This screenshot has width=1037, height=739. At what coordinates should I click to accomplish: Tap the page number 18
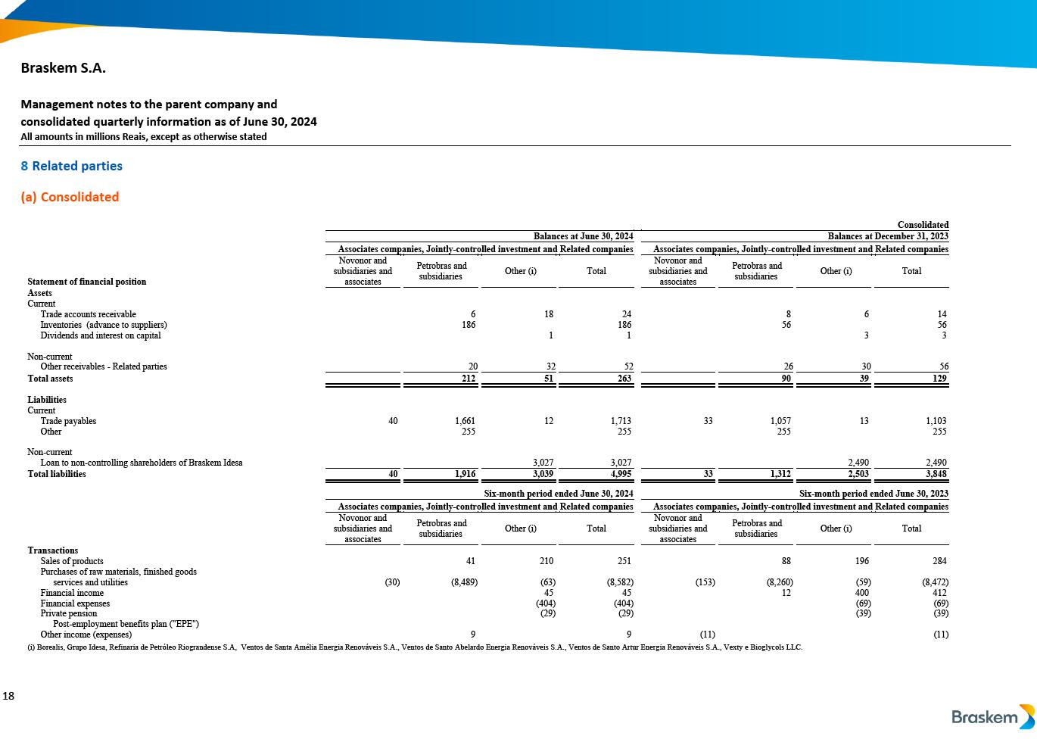pyautogui.click(x=8, y=696)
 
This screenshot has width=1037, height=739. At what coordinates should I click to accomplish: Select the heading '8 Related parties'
pyautogui.click(x=71, y=166)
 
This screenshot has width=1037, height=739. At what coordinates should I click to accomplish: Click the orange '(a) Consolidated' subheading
pyautogui.click(x=70, y=197)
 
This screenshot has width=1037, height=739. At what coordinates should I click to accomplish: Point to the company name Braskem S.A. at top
pyautogui.click(x=63, y=68)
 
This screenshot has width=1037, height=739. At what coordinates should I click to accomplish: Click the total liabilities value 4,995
pyautogui.click(x=620, y=474)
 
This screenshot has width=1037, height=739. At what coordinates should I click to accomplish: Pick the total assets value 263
pyautogui.click(x=624, y=378)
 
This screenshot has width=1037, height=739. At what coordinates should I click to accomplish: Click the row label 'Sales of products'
pyautogui.click(x=72, y=561)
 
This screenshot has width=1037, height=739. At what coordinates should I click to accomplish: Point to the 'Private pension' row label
pyautogui.click(x=69, y=613)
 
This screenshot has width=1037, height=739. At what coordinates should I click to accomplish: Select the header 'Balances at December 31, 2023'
pyautogui.click(x=887, y=237)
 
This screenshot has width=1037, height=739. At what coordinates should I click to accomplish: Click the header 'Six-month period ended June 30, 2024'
pyautogui.click(x=558, y=494)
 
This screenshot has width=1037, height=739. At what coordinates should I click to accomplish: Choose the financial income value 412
pyautogui.click(x=940, y=593)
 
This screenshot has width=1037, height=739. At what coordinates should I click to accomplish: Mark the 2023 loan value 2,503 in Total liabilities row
pyautogui.click(x=858, y=474)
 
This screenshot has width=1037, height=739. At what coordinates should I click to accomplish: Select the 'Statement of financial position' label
pyautogui.click(x=87, y=282)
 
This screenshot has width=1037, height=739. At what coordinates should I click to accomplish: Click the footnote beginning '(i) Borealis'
pyautogui.click(x=415, y=647)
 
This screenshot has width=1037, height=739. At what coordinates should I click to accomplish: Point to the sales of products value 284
pyautogui.click(x=940, y=561)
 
